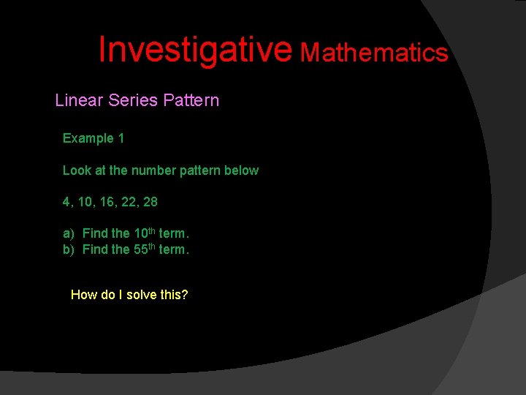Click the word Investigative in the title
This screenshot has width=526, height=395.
click(x=195, y=49)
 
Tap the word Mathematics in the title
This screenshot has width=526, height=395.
click(x=375, y=52)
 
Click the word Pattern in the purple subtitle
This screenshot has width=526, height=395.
click(x=191, y=100)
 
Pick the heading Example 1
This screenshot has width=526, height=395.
click(x=93, y=138)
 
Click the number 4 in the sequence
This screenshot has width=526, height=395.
click(x=66, y=201)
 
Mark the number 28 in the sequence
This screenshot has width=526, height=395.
click(x=150, y=201)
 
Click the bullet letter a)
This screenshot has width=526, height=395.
click(x=68, y=233)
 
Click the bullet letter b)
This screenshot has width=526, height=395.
click(x=68, y=249)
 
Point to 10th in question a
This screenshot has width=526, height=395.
click(x=144, y=233)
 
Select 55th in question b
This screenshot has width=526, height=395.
click(x=144, y=249)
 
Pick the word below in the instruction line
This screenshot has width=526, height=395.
click(x=242, y=170)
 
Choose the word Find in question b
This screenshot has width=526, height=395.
click(x=95, y=249)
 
